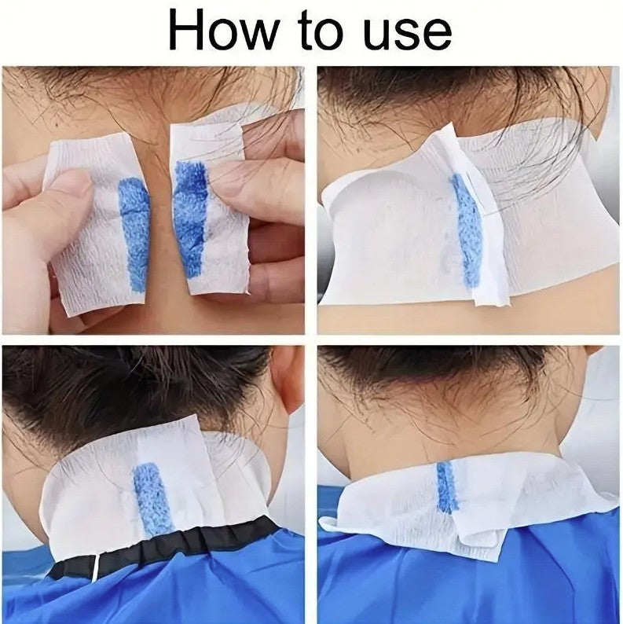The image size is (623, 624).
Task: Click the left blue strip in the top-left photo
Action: tap(134, 234)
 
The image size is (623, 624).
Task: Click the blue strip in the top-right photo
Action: tap(467, 232)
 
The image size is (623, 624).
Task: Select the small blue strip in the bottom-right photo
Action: tap(447, 487)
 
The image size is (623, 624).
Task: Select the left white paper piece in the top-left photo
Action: tap(96, 223)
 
